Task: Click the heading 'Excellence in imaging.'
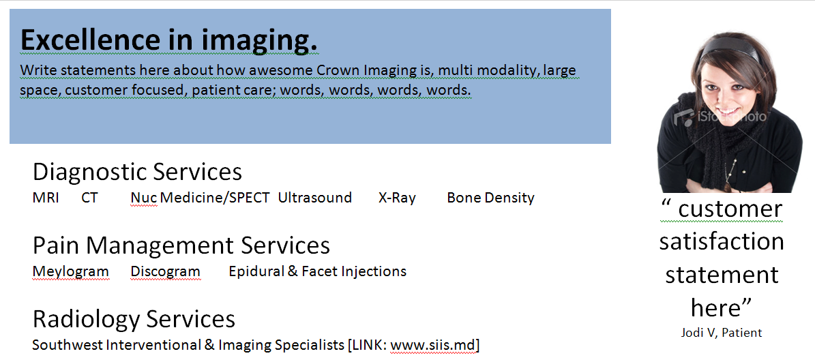tap(169, 40)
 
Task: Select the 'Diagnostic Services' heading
tap(137, 172)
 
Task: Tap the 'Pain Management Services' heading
tap(181, 245)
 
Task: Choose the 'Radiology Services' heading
tap(134, 319)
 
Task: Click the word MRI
tap(46, 198)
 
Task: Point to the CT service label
tap(89, 198)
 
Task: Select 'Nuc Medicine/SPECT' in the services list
tap(200, 198)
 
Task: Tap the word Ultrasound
tap(315, 198)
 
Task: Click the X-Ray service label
tap(397, 198)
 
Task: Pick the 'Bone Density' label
tap(490, 198)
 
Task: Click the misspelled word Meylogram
tap(71, 271)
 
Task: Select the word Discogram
tap(165, 271)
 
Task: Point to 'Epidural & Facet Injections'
tap(318, 271)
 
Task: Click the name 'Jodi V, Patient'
tap(722, 333)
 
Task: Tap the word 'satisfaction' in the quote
tap(722, 242)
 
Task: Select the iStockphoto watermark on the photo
tap(720, 117)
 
